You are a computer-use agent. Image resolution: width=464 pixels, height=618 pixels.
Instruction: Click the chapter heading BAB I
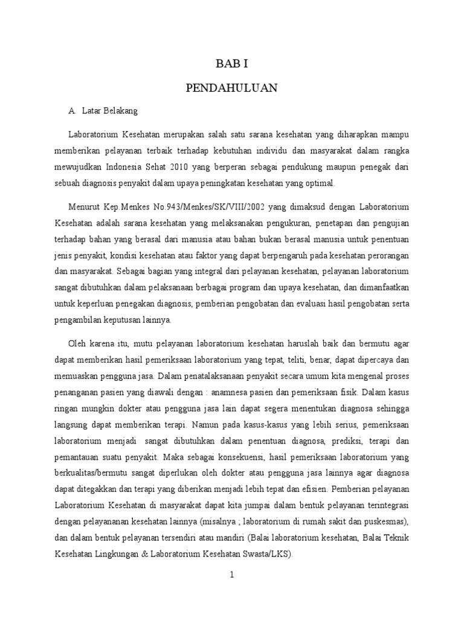point(231,62)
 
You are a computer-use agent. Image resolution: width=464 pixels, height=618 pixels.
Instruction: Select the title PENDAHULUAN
point(231,88)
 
